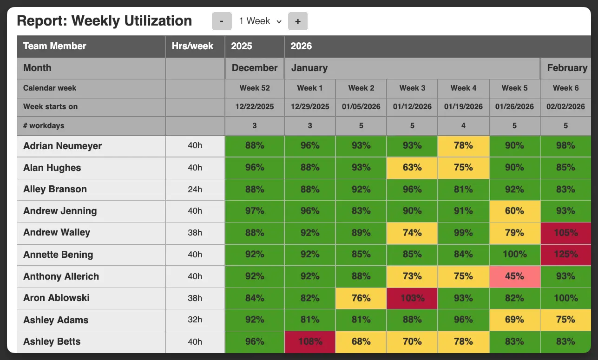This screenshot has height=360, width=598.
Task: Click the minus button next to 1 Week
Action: [222, 21]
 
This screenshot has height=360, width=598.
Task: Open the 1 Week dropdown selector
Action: [260, 21]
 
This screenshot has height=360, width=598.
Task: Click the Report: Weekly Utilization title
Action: [104, 21]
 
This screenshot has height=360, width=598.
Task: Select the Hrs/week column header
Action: [192, 46]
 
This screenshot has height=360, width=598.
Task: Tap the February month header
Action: [567, 68]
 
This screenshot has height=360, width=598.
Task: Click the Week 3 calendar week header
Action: [412, 88]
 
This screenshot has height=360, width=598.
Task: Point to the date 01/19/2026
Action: [463, 106]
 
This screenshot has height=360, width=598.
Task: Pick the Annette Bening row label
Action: [58, 255]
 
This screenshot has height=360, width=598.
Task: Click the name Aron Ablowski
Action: [56, 298]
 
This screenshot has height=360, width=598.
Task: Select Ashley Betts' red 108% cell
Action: [310, 341]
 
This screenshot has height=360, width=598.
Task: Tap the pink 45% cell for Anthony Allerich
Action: [514, 276]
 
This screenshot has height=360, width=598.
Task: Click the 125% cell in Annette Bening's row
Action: [565, 255]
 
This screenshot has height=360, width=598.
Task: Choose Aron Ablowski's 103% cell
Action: [412, 298]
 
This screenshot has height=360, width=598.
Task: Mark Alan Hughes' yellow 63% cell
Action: [412, 168]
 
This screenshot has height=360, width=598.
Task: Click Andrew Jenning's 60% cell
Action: [514, 211]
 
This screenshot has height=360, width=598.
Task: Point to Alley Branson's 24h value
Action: [195, 189]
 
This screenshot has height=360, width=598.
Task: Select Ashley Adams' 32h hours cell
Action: [195, 320]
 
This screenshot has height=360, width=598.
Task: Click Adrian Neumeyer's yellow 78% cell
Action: [463, 145]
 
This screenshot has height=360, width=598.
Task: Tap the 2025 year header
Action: [242, 46]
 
